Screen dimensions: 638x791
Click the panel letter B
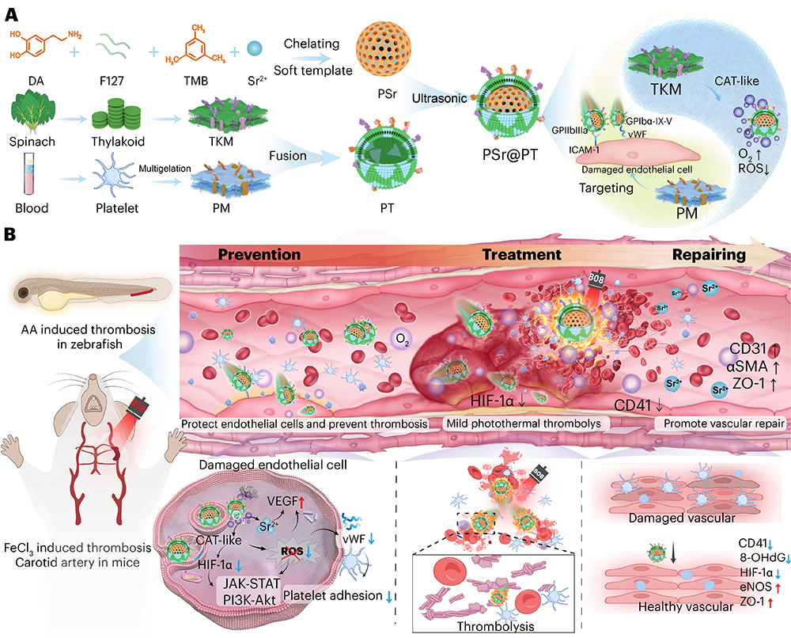pyautogui.click(x=11, y=236)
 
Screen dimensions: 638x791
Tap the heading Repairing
pyautogui.click(x=710, y=255)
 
